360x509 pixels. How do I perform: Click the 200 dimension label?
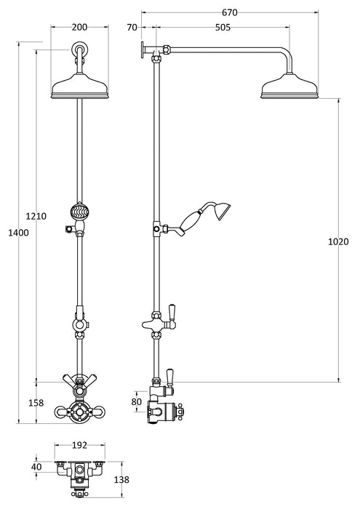click(80, 27)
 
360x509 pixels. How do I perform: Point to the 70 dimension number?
click(132, 28)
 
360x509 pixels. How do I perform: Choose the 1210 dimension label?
click(36, 216)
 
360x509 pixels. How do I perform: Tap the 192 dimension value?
click(80, 445)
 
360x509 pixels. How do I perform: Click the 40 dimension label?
click(36, 467)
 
